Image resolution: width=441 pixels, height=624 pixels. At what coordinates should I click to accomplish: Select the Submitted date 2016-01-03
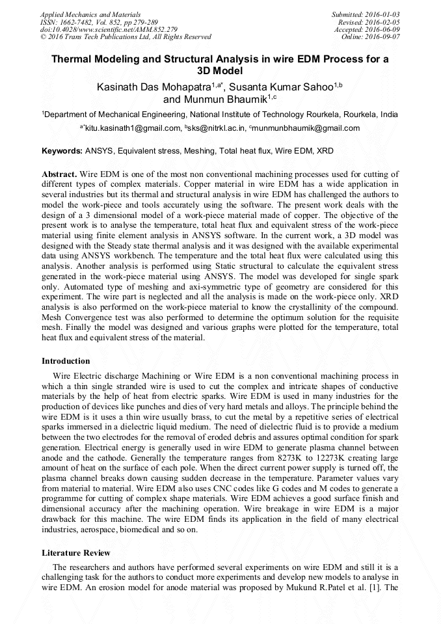coord(382,14)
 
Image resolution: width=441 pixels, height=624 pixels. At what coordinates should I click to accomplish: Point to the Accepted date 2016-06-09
coord(382,29)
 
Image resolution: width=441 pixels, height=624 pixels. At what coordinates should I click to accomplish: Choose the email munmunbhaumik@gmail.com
coord(307,128)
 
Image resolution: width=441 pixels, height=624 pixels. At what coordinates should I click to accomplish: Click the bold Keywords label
coord(62,151)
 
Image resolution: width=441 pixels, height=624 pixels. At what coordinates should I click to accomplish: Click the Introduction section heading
coord(66,361)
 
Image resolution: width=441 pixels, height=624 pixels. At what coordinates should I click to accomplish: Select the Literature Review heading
coord(75,553)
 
